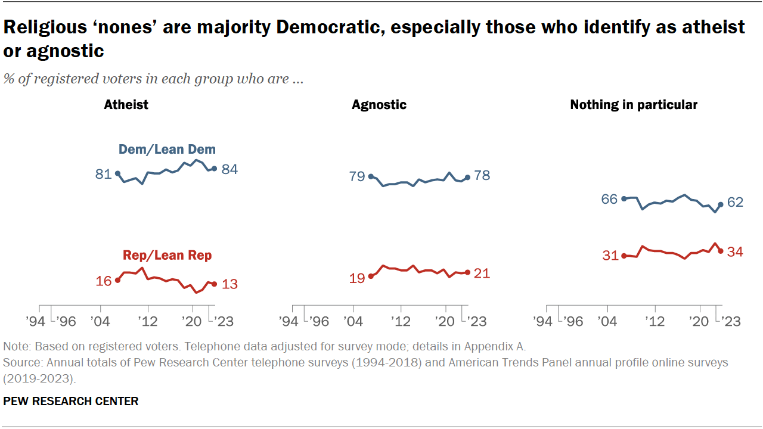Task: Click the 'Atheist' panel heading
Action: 126,105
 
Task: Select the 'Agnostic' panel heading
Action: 379,105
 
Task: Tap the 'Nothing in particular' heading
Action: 634,105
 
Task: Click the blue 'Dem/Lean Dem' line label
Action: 168,150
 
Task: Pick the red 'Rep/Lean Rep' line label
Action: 167,256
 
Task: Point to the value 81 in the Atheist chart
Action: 103,175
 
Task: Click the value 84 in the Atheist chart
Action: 229,170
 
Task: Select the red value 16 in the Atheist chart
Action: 104,281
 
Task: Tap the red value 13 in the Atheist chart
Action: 229,284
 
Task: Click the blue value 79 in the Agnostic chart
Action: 356,176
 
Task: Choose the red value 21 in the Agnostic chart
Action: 481,273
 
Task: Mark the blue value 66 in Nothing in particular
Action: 609,199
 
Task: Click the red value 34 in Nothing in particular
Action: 735,252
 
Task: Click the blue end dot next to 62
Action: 721,204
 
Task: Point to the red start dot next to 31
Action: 624,256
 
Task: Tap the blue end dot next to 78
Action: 467,177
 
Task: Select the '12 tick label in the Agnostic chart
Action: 401,322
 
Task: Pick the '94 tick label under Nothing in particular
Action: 542,322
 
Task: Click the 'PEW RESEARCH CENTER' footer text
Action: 71,402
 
